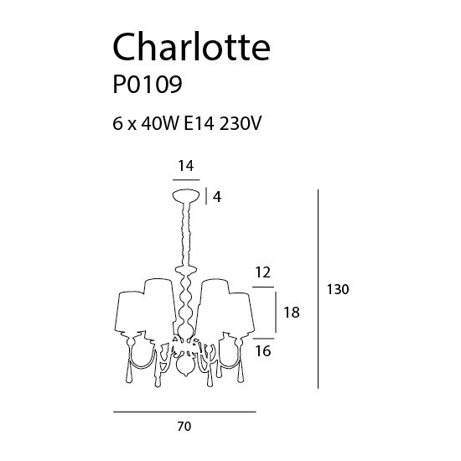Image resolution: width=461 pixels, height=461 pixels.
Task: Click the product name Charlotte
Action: tap(191, 46)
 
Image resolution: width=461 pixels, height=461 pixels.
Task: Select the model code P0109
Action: tap(148, 85)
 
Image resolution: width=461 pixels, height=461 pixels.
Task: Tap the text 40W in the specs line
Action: tap(160, 123)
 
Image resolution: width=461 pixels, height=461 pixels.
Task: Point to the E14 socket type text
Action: tap(199, 123)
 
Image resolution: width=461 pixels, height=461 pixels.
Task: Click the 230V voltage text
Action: tap(241, 123)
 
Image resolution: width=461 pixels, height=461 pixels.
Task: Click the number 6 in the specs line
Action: tap(117, 123)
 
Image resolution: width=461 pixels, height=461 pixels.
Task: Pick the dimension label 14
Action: tap(186, 166)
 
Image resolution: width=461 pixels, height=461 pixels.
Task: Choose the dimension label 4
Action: tap(217, 197)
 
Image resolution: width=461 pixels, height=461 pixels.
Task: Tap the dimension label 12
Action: tap(263, 272)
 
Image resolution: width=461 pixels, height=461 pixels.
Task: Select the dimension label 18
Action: tap(292, 313)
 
